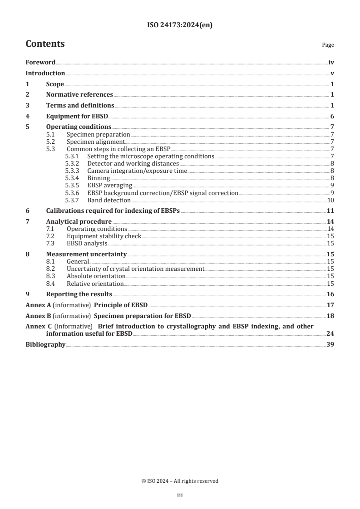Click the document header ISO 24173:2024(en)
click(180, 25)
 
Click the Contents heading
click(45, 44)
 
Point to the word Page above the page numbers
click(328, 45)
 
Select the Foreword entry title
click(40, 63)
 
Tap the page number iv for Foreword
click(331, 63)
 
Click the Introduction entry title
click(45, 73)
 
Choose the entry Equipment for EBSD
click(77, 116)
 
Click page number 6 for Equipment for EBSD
click(332, 116)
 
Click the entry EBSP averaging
click(109, 186)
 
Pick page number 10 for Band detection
click(331, 200)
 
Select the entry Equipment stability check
click(104, 236)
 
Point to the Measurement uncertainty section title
click(86, 254)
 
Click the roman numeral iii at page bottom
click(179, 496)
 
